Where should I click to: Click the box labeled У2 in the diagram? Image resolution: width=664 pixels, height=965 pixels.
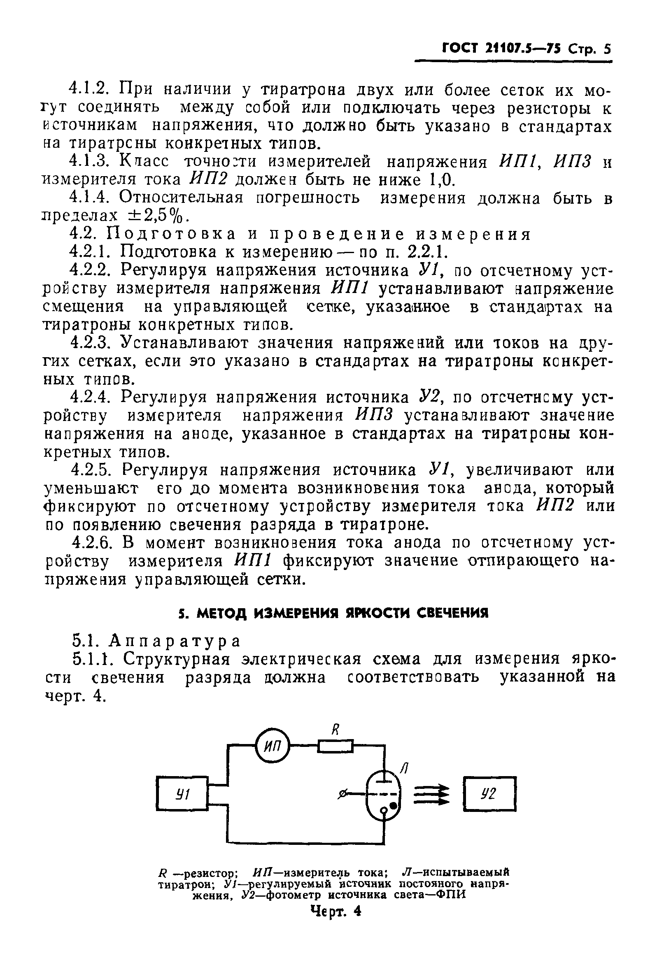489,795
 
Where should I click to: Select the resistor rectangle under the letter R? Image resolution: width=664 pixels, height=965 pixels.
335,748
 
